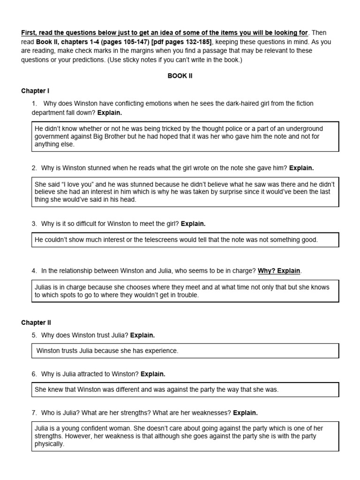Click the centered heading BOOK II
pyautogui.click(x=180, y=76)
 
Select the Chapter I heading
pyautogui.click(x=35, y=90)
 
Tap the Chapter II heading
pyautogui.click(x=36, y=322)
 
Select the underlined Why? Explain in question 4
pyautogui.click(x=279, y=271)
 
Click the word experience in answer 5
pyautogui.click(x=162, y=351)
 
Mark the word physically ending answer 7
pyautogui.click(x=49, y=443)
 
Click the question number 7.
pyautogui.click(x=34, y=413)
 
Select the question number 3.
pyautogui.click(x=34, y=224)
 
